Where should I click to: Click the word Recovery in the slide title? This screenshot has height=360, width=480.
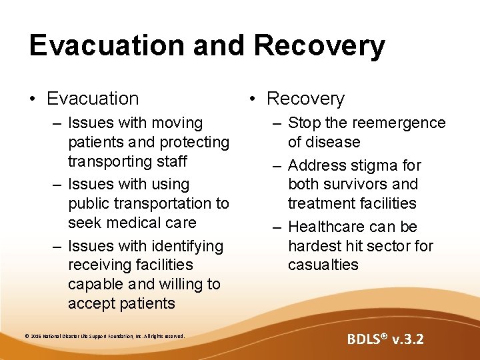pos(319,45)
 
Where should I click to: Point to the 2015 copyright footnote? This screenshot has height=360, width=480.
pos(103,335)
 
